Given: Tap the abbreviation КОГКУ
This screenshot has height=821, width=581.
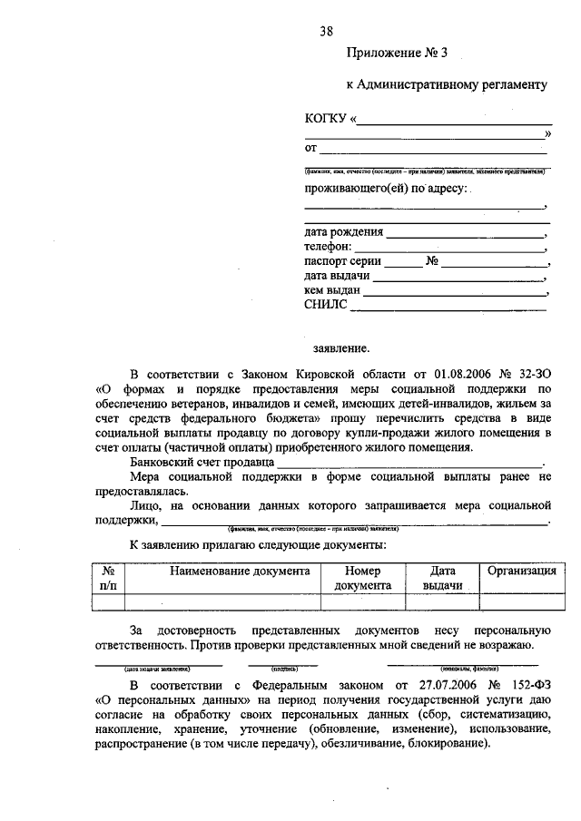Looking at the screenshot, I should [x=326, y=118].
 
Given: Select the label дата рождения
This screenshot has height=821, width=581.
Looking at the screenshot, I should [x=344, y=231].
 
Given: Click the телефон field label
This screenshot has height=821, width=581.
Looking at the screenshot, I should [x=329, y=246].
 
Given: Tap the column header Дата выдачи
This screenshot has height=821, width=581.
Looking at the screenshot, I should [x=442, y=578].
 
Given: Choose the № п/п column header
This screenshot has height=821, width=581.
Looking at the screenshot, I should [x=108, y=578].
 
